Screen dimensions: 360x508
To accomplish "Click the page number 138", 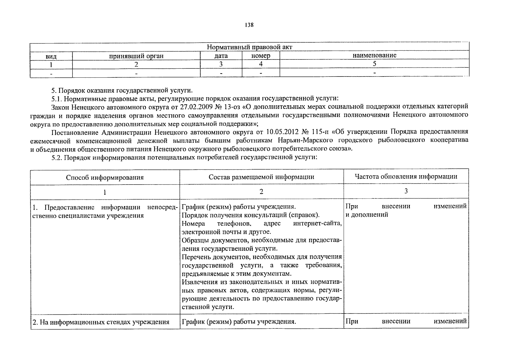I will [249, 25].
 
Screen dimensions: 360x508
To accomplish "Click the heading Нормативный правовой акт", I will [249, 47].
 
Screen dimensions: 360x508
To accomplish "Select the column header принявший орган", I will [136, 56].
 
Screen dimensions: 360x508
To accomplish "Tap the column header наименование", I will [374, 55].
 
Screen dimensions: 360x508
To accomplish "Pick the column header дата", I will [221, 56].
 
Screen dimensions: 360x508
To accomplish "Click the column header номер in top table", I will [261, 56].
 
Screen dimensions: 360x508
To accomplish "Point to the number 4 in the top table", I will [261, 64].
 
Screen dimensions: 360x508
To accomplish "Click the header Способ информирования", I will [105, 177].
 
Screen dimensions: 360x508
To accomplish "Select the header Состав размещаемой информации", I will [261, 177].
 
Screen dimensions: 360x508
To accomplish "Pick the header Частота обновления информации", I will [406, 176].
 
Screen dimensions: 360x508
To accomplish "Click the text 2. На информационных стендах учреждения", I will [101, 322].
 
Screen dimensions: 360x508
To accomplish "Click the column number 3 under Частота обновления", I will [406, 191].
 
